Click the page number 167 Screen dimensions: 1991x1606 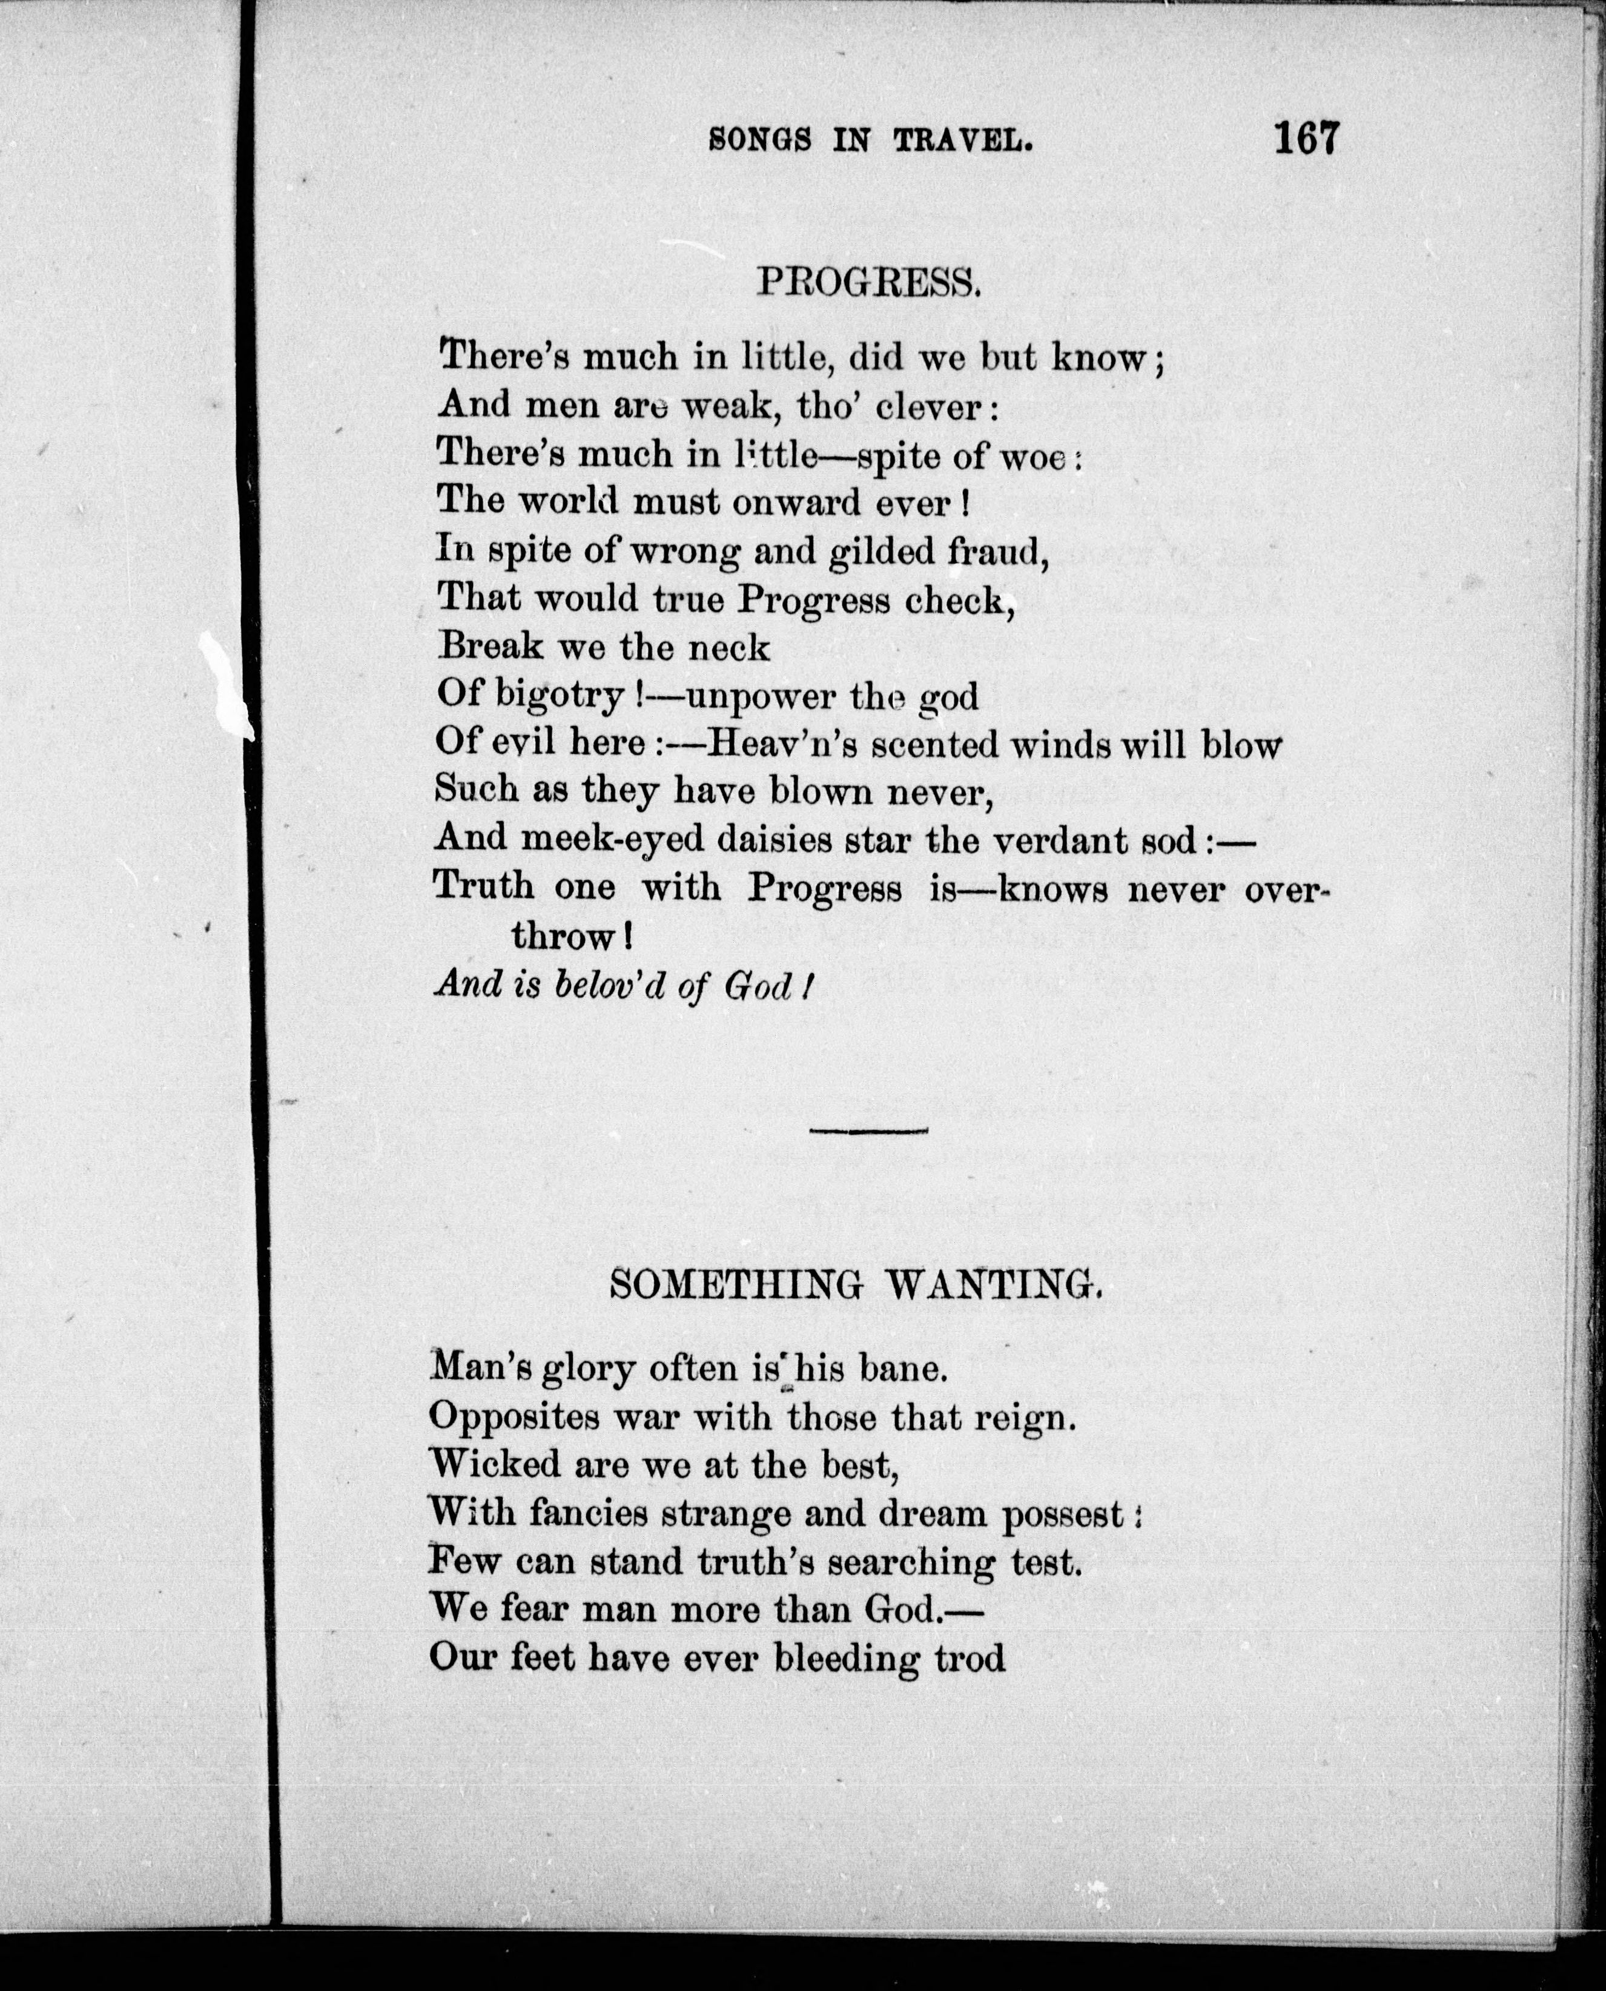click(x=1306, y=139)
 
